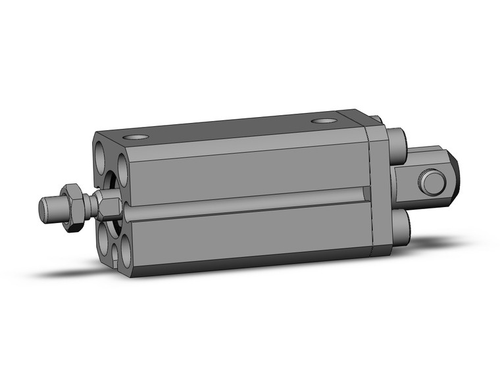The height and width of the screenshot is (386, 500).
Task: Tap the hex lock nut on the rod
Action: [72, 206]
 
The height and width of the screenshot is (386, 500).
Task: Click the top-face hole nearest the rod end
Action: [136, 137]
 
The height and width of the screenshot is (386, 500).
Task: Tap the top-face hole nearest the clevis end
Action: [323, 122]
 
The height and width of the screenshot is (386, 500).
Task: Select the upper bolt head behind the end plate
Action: [400, 141]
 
